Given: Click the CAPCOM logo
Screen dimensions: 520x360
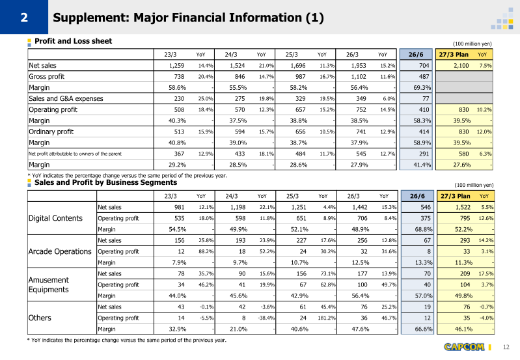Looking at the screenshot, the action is pos(464,347).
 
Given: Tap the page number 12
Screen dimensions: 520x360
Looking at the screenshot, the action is pos(506,347).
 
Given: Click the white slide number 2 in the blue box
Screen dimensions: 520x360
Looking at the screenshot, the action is pos(24,18).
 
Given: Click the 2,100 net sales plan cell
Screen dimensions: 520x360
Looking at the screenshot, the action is pos(461,66).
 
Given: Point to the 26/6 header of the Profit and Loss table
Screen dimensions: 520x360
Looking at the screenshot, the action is pos(416,55).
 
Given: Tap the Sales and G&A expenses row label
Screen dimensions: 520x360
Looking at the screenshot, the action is pos(66,98).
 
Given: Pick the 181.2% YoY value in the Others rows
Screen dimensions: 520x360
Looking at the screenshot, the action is pos(327,318).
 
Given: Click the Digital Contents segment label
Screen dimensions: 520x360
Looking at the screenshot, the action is pos(55,218).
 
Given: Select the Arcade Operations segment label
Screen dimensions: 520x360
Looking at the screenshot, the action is pos(60,251).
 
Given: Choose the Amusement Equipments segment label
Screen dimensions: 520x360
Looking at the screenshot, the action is pos(48,284).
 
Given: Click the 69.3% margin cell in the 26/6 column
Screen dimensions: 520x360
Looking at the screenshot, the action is pos(422,88).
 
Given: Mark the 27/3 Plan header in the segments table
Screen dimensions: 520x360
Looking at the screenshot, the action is pos(456,196).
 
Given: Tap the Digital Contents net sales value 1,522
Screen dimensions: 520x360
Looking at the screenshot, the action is pos(463,208).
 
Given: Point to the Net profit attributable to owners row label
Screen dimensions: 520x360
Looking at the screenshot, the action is pos(75,154).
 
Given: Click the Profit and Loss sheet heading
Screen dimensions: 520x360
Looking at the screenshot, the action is pos(74,41).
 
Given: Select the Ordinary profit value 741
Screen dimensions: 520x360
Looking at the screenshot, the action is pos(361,132).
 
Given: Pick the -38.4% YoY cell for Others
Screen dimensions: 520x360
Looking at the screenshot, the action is pos(266,318).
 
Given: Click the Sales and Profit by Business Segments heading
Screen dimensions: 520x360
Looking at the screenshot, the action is pos(106,182).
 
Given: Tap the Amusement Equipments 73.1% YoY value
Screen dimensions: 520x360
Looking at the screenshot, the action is pos(328,273).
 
